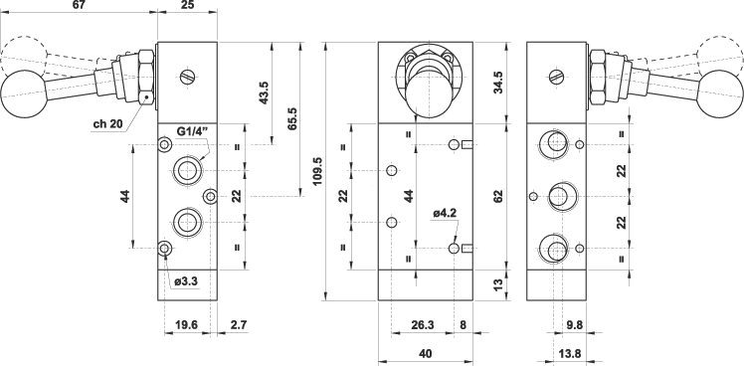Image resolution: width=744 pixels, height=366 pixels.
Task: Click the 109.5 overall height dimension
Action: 318,171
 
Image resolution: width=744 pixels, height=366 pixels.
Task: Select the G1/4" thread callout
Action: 191,130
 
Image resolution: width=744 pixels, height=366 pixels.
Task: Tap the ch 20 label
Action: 107,124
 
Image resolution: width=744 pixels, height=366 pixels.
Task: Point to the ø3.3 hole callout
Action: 186,281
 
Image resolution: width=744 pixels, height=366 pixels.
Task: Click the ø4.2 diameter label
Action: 445,214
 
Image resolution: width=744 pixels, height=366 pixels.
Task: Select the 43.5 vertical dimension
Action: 264,92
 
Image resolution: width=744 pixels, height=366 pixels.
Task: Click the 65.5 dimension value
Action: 291,118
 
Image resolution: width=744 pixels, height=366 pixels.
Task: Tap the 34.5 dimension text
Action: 497,83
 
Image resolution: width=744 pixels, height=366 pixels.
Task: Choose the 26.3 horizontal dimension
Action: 423,325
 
